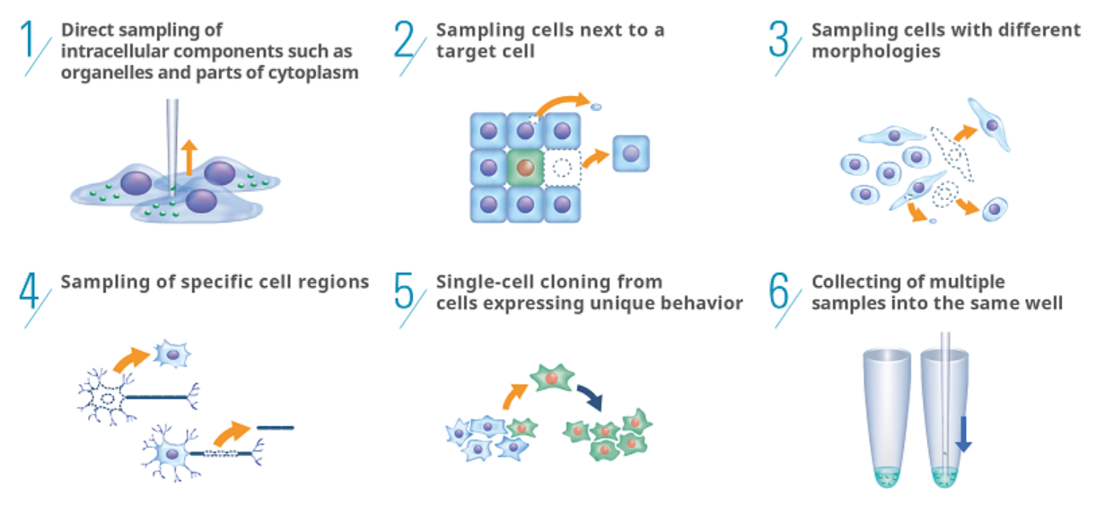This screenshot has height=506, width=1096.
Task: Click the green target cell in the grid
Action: tap(525, 167)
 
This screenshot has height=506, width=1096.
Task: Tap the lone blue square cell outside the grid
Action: tap(630, 153)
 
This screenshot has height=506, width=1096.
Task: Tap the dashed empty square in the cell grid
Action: tap(562, 167)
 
